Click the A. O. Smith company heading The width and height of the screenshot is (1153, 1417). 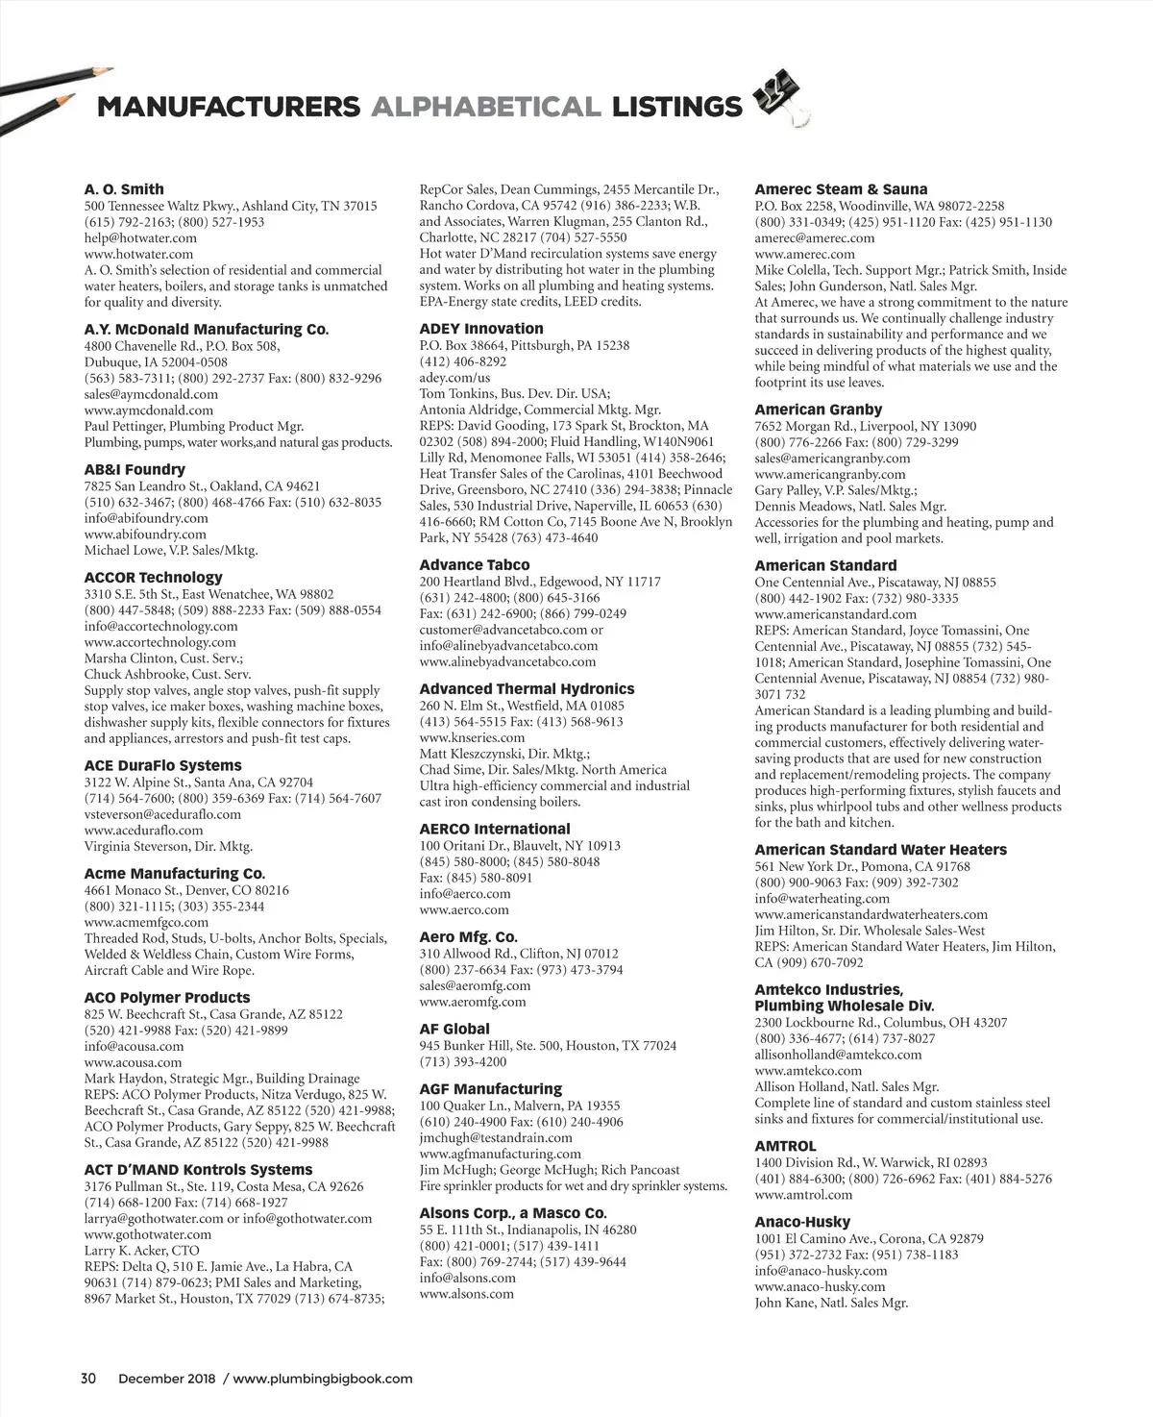tap(124, 189)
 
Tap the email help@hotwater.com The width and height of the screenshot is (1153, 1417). tap(140, 238)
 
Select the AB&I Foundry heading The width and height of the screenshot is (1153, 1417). tap(135, 469)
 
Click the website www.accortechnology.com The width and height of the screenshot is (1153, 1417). tap(159, 642)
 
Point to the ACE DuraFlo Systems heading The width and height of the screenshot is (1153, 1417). tap(162, 765)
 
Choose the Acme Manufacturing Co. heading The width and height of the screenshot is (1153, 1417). tap(174, 874)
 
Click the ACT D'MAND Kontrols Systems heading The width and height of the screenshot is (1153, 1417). tap(198, 1170)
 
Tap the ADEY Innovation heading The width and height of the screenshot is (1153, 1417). tap(481, 329)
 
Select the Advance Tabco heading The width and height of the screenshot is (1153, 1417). tap(475, 565)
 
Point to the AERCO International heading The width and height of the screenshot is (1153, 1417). tap(495, 829)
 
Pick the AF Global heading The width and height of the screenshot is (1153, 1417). tap(454, 1029)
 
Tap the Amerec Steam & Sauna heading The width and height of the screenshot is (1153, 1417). tap(841, 189)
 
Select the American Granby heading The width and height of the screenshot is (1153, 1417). tap(819, 410)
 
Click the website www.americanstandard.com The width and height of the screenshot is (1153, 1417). tap(835, 614)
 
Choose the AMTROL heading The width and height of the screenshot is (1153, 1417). tap(785, 1146)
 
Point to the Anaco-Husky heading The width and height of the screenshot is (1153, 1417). tap(802, 1222)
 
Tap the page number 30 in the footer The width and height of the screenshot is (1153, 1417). tap(88, 1378)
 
